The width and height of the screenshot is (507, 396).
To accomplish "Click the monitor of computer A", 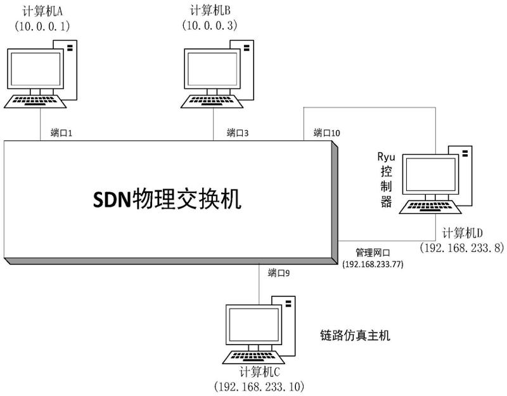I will point(33,69).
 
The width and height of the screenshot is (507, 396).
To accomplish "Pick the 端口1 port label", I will point(62,133).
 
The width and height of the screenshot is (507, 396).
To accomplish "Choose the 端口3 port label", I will point(238,133).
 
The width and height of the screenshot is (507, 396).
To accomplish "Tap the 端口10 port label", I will point(327,133).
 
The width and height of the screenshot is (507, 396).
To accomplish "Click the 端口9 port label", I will point(279,273).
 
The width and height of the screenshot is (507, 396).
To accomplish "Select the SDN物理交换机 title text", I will point(168,200).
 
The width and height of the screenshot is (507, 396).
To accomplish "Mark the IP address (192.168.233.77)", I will point(372,263).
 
